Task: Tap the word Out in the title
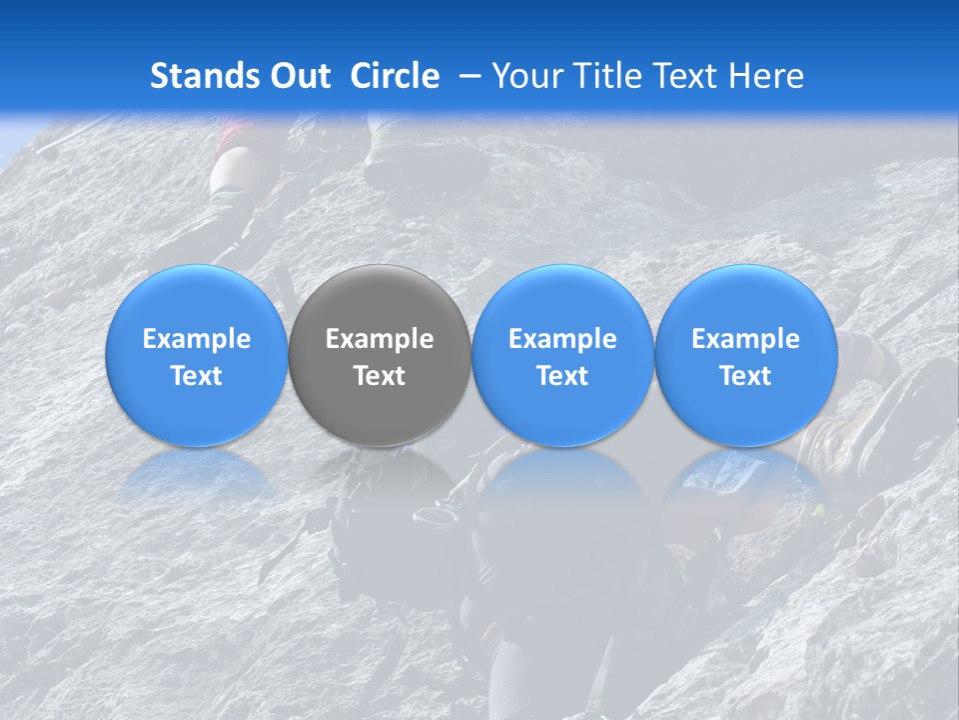click(x=298, y=76)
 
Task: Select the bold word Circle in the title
click(x=395, y=76)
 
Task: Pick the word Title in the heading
click(x=608, y=76)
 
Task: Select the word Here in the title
click(x=767, y=76)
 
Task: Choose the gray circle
click(x=380, y=355)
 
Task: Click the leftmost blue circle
click(x=197, y=355)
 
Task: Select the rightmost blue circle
click(x=746, y=355)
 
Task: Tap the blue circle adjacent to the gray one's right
click(x=562, y=355)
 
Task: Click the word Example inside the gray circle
click(x=380, y=339)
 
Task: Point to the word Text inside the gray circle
click(x=380, y=376)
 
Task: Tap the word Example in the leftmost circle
click(x=197, y=339)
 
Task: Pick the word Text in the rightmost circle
click(x=746, y=376)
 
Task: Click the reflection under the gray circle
click(x=380, y=475)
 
